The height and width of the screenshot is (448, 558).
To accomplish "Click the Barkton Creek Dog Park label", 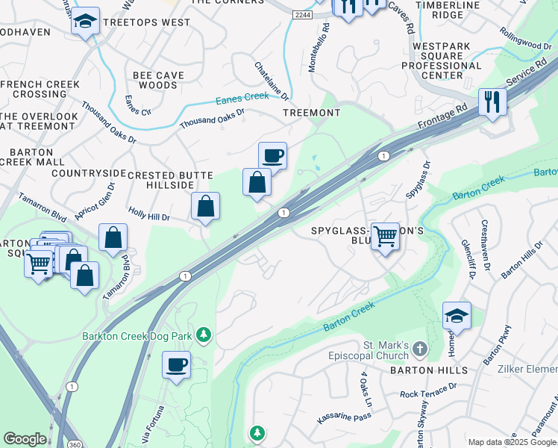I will coord(137,336).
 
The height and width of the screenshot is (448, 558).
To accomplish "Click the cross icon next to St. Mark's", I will coord(420,348).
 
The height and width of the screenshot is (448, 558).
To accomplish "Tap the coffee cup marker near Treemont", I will coord(273,156).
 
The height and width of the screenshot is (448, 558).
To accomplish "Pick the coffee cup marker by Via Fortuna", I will coord(176,366).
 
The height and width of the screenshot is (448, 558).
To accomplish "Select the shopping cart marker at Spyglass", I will coord(385,237).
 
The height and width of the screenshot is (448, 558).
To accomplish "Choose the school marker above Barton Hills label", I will coord(457,316).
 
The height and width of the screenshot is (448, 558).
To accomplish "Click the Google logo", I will coord(25,439).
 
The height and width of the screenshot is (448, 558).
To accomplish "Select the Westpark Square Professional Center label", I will coord(442,60).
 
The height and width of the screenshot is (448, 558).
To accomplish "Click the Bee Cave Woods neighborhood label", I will coord(155,80).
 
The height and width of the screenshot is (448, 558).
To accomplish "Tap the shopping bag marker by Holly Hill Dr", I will coord(205,206).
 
